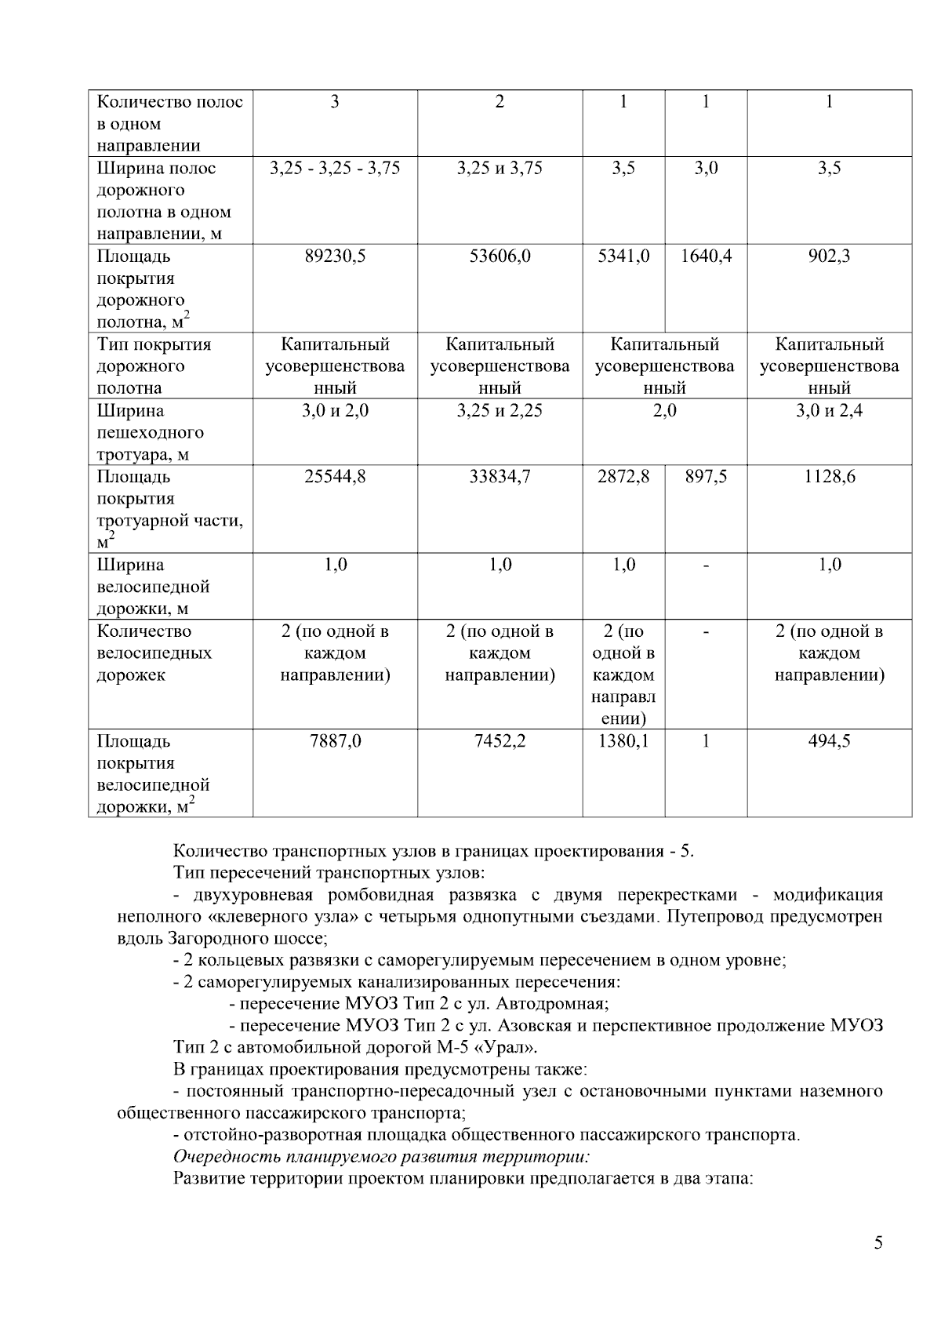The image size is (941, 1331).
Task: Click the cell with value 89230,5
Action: (x=335, y=256)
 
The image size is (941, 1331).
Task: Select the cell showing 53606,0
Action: (x=500, y=256)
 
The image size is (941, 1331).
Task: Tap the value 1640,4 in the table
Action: (x=706, y=256)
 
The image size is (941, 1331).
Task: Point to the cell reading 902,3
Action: (x=829, y=256)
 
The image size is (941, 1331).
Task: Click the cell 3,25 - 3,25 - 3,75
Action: (x=335, y=169)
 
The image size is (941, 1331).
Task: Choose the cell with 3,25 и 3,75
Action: (x=500, y=169)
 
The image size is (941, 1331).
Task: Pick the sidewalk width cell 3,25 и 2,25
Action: (x=500, y=411)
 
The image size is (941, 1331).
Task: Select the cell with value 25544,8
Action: (x=335, y=477)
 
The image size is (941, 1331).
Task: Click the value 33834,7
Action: (x=500, y=477)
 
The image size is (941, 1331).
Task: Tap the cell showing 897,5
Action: (x=706, y=477)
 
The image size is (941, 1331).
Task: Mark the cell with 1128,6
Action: (x=829, y=477)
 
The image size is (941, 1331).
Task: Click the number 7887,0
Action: (x=335, y=741)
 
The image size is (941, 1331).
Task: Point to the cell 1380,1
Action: (x=624, y=741)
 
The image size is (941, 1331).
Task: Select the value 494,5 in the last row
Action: (x=829, y=741)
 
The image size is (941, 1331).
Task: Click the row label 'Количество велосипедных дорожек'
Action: (x=154, y=653)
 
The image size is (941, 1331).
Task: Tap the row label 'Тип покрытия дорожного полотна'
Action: (x=154, y=366)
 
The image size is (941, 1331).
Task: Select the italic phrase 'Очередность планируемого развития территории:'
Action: (x=381, y=1157)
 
